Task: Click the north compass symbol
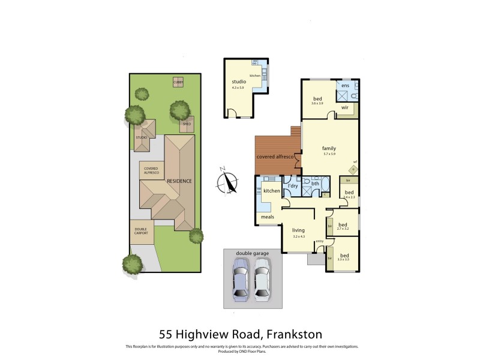coord(227,182)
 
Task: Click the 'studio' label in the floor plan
coord(239,82)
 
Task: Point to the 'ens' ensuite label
coord(345,86)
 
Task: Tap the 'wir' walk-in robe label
coord(345,107)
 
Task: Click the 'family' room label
coord(329,148)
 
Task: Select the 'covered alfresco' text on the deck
coord(275,157)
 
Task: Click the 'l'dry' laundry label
coord(293,185)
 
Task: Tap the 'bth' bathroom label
coord(315,184)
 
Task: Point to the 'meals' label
coord(267,217)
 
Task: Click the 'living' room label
coord(298,230)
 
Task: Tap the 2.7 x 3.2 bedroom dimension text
coord(343,229)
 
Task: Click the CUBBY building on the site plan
coord(178,82)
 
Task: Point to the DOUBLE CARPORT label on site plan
coord(141,231)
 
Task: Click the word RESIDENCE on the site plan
coord(179,181)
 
